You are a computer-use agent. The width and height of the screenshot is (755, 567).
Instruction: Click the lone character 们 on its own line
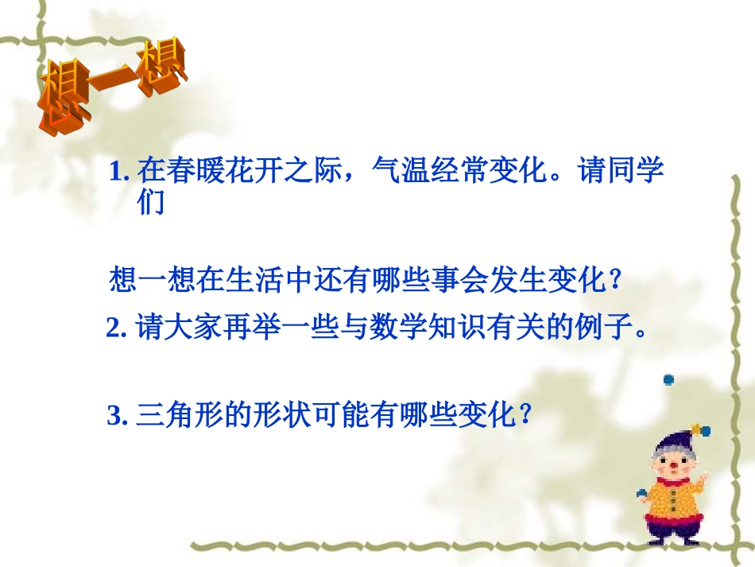[150, 203]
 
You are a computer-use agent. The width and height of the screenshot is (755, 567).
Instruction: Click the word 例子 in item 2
[600, 328]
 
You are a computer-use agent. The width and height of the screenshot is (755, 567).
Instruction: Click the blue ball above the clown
[669, 379]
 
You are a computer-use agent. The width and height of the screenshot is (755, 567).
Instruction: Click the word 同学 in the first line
[627, 172]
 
